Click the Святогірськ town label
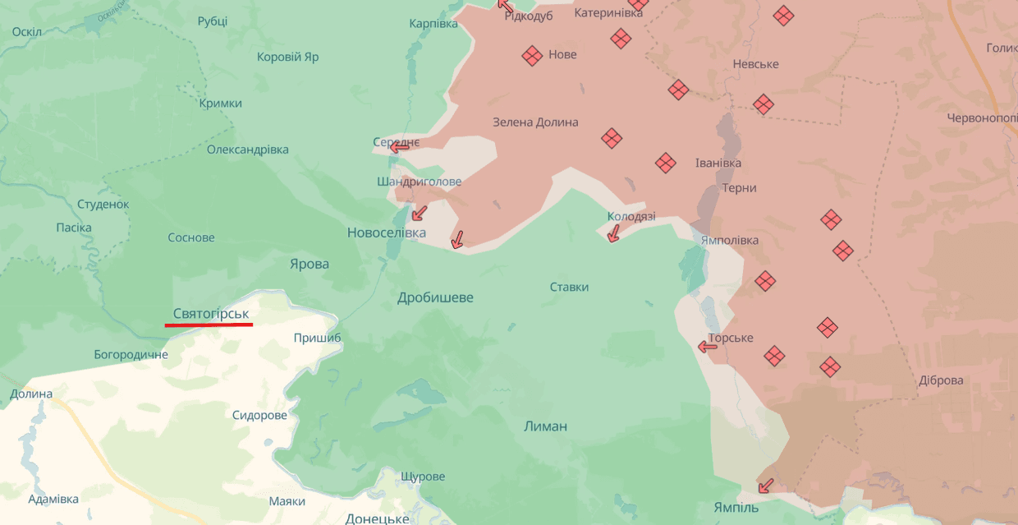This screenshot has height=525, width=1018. (x=211, y=313)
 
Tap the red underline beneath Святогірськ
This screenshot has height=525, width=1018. (x=209, y=325)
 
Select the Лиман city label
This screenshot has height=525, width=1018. (x=546, y=426)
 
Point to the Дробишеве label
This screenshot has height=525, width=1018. (x=435, y=297)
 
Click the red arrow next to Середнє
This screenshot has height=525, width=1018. (x=400, y=147)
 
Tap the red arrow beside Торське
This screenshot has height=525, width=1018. (x=708, y=347)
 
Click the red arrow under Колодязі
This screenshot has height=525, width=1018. (x=612, y=235)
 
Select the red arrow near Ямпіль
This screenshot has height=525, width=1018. (x=765, y=486)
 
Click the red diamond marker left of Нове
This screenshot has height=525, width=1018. (x=532, y=55)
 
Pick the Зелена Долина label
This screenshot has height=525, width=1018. (x=535, y=122)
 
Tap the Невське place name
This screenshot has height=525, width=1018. (x=755, y=64)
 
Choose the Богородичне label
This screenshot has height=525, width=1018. (x=131, y=355)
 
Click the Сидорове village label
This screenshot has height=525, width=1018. (x=259, y=415)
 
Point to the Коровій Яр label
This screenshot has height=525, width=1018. (x=287, y=58)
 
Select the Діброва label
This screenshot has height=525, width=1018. (x=942, y=380)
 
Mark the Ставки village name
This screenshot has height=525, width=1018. (x=570, y=287)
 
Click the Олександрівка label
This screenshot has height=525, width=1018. (x=248, y=150)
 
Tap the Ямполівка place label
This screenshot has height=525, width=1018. (x=730, y=240)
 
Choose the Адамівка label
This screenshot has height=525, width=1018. (x=53, y=499)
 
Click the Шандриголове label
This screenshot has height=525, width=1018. (x=419, y=182)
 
